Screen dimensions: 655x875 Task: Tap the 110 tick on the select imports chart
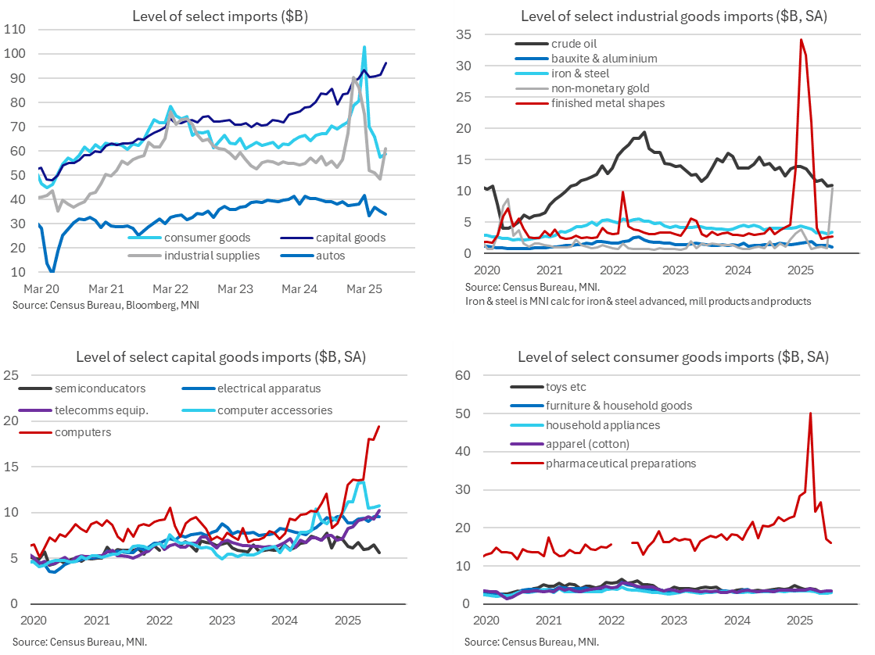16,30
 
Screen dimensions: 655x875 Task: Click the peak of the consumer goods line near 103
364,47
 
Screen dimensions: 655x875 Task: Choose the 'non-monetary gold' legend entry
600,88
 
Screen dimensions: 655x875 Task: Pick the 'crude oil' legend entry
577,44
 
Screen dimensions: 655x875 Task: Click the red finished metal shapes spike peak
801,40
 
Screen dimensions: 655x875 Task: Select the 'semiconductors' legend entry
100,388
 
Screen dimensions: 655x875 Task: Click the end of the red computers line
379,426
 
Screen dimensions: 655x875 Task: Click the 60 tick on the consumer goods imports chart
463,375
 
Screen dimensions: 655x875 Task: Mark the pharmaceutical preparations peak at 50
810,413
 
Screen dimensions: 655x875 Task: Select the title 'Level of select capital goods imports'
221,357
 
